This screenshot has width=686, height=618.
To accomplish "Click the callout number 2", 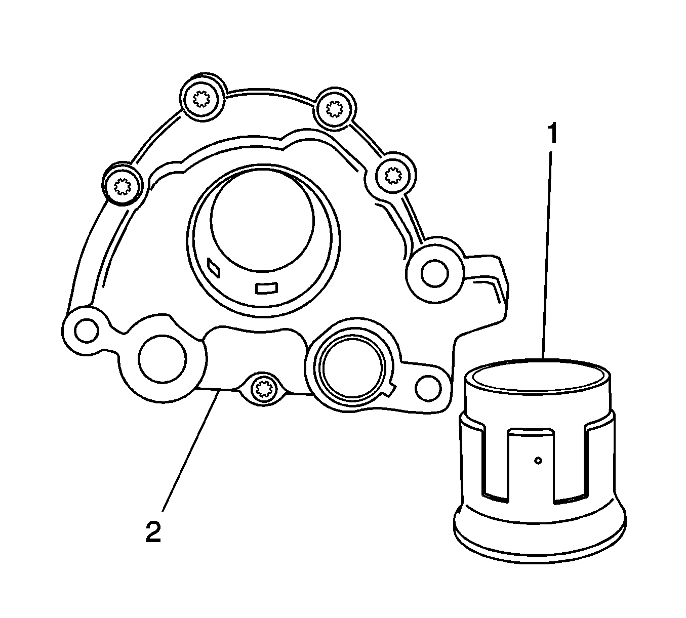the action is (153, 532).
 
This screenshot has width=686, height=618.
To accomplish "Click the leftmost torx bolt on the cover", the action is (122, 186).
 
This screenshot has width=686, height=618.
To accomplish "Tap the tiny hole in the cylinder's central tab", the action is (538, 461).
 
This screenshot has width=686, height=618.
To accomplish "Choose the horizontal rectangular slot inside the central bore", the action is (267, 288).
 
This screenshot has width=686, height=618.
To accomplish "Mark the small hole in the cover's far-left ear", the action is (87, 331).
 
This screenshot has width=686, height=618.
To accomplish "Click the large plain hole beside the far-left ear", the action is (162, 359).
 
